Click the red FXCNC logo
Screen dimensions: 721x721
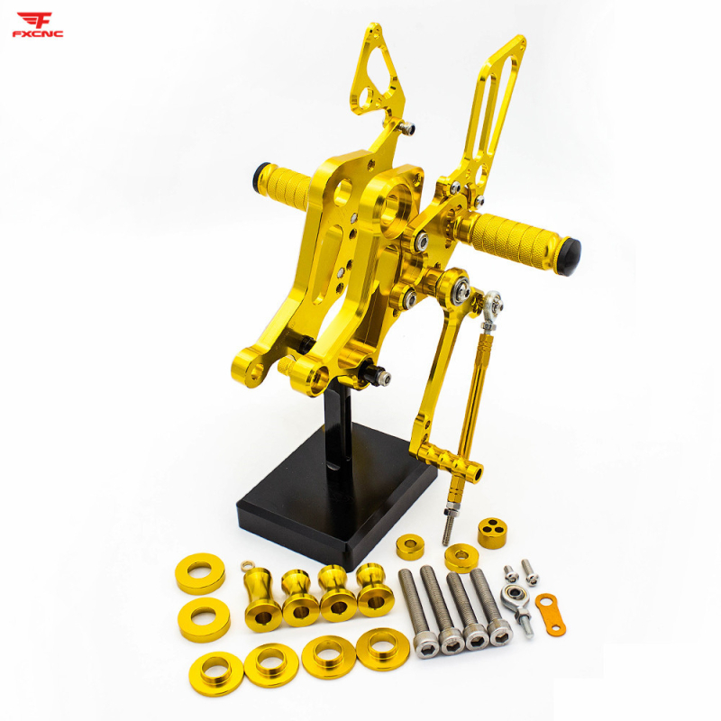click(38, 25)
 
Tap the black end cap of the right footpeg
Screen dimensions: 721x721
click(570, 257)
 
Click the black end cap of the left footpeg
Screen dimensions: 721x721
click(260, 175)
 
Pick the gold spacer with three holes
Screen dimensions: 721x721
click(493, 533)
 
